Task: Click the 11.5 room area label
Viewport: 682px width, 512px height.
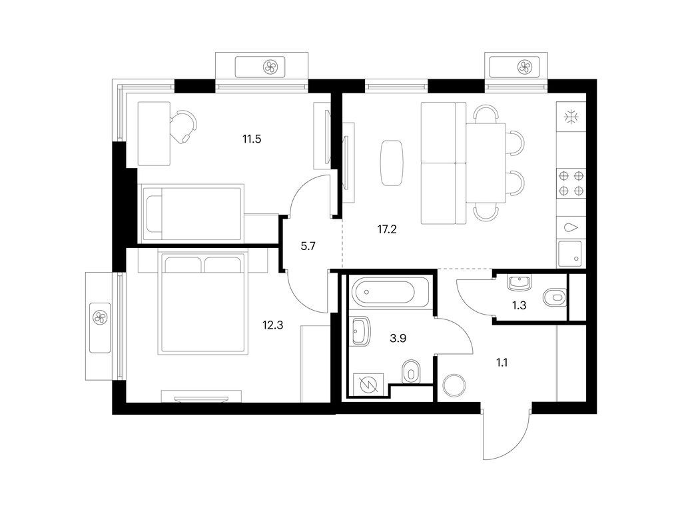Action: coord(252,139)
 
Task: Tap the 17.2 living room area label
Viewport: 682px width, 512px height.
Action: coord(387,229)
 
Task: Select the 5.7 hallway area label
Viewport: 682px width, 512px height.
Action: coord(308,247)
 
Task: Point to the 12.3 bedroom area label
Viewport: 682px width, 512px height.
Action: coord(272,325)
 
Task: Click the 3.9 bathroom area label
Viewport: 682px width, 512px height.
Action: coord(398,338)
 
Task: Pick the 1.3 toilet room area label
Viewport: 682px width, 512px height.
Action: coord(519,305)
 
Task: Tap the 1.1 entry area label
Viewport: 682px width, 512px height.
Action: coord(502,362)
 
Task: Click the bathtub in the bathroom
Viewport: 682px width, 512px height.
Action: coord(384,292)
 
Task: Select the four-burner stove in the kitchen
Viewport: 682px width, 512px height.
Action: coord(571,183)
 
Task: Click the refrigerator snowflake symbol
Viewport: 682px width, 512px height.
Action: coord(571,117)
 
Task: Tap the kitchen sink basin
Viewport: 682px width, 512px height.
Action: coord(570,254)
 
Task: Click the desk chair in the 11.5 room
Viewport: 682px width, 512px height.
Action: coord(182,126)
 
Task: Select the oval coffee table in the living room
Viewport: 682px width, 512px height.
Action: coord(392,163)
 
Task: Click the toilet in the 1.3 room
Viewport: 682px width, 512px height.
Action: coord(555,297)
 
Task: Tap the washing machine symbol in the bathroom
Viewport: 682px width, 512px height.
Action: coord(368,385)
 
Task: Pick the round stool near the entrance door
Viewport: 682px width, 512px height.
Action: coord(454,385)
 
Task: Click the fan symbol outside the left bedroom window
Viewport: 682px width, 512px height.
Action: coord(100,316)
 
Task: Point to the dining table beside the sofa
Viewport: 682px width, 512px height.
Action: coord(486,163)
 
